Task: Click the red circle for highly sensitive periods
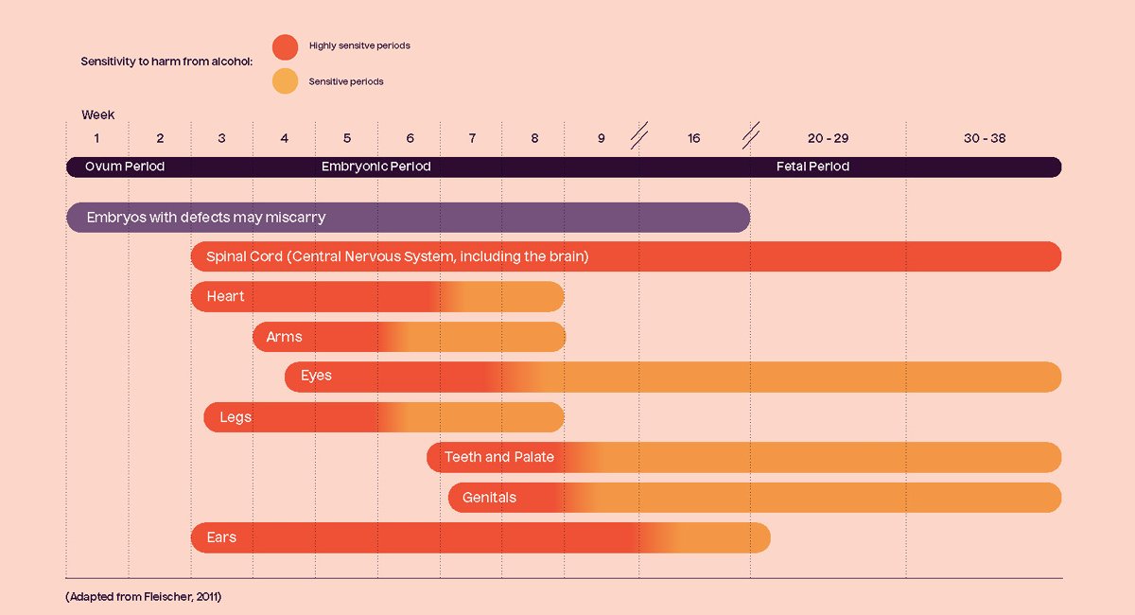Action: pos(285,46)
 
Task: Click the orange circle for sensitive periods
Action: pos(285,81)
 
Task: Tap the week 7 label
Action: pos(472,138)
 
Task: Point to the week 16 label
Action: pos(694,138)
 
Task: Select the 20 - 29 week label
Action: pos(828,138)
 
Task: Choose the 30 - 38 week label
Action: pos(985,138)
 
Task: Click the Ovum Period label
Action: pos(125,167)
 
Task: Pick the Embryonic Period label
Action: pos(375,167)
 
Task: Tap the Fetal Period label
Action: pos(812,167)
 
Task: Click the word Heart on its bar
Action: pos(225,296)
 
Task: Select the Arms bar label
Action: pos(284,337)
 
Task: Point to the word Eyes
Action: pos(316,376)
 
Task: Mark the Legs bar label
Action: pos(236,417)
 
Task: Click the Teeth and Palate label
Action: pos(499,457)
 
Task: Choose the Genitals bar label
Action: pos(489,498)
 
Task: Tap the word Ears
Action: pos(221,537)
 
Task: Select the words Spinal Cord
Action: pos(244,256)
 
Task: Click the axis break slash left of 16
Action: pos(639,137)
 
